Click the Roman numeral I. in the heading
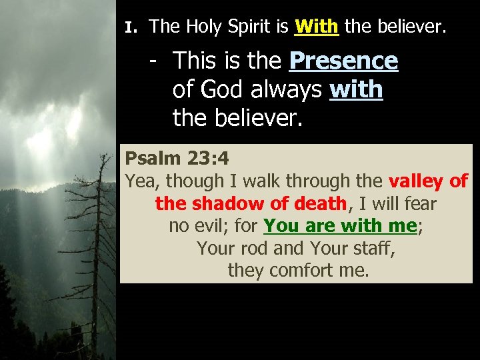coord(131,28)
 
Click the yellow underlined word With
coord(317,27)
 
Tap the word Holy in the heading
coord(204,27)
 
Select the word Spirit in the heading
coord(251,27)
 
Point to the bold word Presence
coord(343,61)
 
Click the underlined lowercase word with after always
coord(356,89)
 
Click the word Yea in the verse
coord(142,181)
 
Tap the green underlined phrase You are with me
coord(340,226)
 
